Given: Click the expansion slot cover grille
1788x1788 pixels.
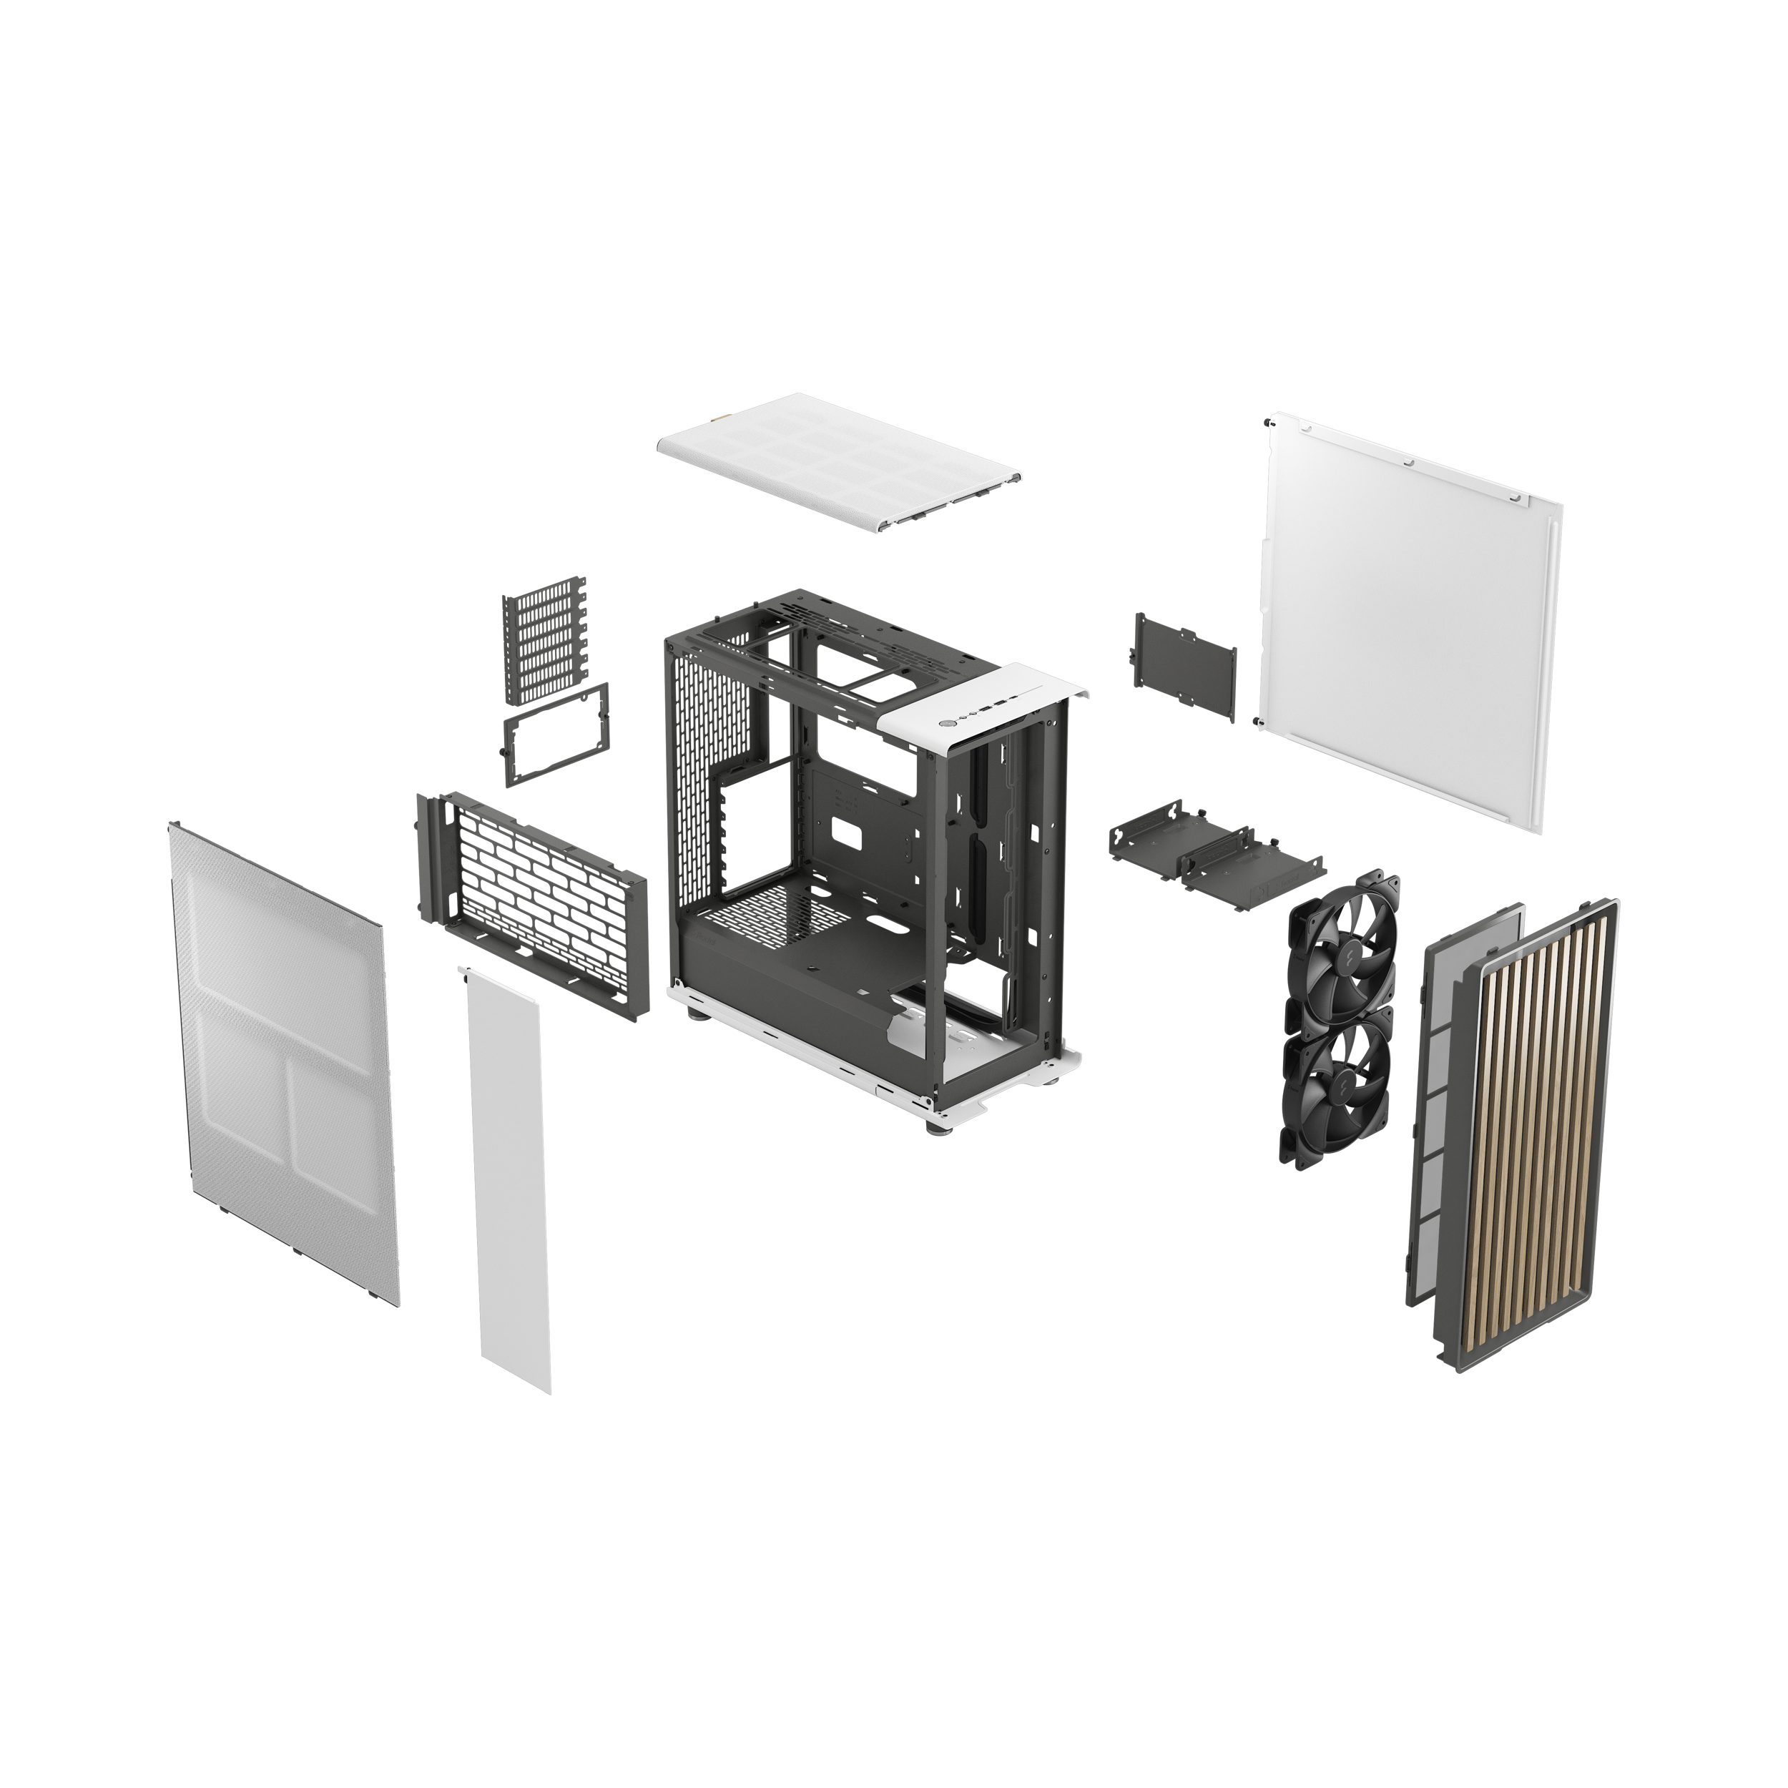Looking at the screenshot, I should (x=545, y=638).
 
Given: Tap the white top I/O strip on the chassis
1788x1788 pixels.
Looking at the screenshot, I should (x=991, y=709).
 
